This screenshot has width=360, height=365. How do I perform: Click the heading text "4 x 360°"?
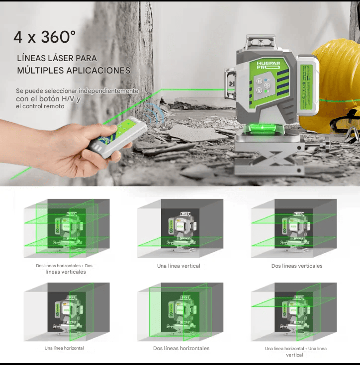pos(45,37)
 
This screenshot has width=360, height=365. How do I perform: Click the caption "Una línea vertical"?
pos(179,266)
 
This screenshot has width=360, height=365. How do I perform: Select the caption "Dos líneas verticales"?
pos(297,266)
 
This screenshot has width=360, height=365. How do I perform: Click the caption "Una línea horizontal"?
pos(64,348)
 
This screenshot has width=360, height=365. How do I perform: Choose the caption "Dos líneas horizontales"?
pos(181,349)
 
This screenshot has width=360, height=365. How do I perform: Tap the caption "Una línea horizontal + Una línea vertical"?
pos(295,352)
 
